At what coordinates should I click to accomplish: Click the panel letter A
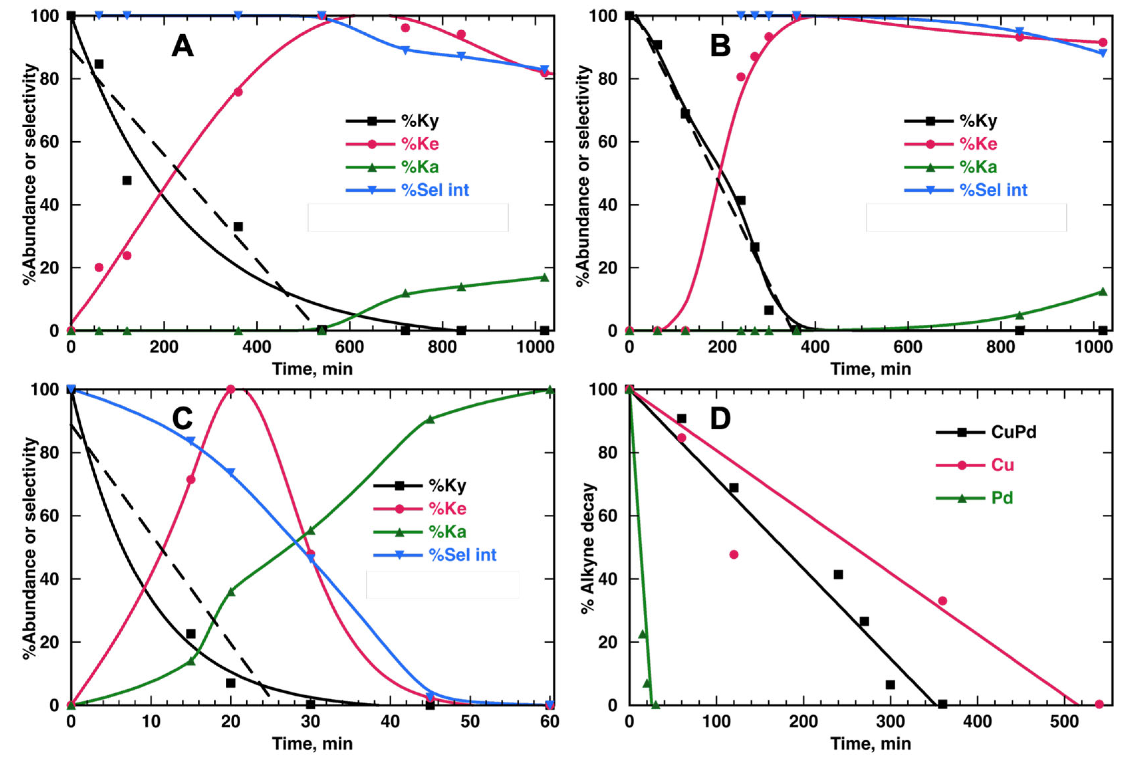tap(182, 47)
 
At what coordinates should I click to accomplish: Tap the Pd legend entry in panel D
tap(1002, 498)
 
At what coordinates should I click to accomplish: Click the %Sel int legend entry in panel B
tap(993, 190)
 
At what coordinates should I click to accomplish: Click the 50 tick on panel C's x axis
tap(470, 722)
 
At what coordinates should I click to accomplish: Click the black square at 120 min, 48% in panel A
tap(127, 180)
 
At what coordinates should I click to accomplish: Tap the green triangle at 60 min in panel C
tap(549, 390)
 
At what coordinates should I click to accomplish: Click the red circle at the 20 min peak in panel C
tap(231, 389)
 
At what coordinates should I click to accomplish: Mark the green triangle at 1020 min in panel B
tap(1103, 291)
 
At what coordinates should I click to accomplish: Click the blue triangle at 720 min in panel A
tap(406, 50)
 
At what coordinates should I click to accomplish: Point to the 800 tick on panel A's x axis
tap(442, 347)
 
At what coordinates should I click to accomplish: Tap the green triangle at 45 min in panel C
tap(430, 420)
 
